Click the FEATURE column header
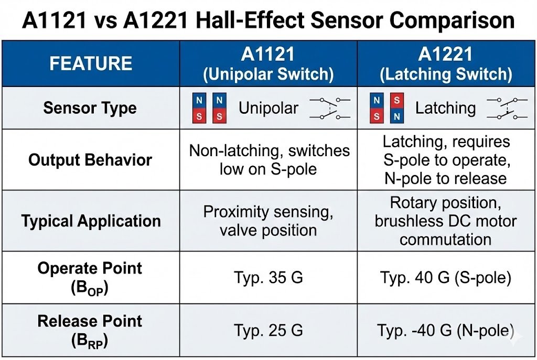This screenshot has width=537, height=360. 90,63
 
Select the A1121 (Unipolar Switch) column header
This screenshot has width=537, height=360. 268,64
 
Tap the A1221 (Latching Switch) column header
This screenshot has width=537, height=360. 446,64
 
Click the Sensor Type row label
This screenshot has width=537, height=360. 90,108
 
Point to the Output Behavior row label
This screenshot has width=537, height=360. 90,160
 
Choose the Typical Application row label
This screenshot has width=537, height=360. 91,221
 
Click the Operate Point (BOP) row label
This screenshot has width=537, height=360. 90,277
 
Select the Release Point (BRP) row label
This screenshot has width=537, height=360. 90,330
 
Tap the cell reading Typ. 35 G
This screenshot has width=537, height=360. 268,277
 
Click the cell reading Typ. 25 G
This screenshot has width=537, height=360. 268,330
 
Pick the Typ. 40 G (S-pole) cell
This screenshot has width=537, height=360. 446,277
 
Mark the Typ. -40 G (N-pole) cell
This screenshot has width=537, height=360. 446,330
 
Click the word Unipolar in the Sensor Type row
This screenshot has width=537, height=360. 268,108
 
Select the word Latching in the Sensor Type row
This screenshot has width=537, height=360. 445,108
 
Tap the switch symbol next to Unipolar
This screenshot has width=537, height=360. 330,108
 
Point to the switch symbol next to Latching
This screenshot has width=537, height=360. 507,108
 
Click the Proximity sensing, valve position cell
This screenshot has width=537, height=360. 268,221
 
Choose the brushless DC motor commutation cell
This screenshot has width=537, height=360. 446,221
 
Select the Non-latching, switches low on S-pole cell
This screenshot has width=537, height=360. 269,160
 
